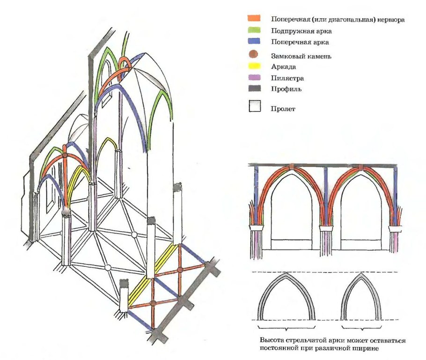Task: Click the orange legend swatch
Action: click(254, 19)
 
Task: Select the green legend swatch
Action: click(254, 30)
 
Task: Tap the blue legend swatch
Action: click(254, 42)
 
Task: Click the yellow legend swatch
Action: click(254, 66)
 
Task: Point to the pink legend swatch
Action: click(254, 77)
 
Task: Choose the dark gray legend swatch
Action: click(254, 88)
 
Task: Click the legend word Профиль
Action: click(286, 88)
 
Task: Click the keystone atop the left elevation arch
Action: click(291, 167)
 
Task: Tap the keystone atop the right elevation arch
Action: click(361, 167)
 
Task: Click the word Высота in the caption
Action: click(271, 340)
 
